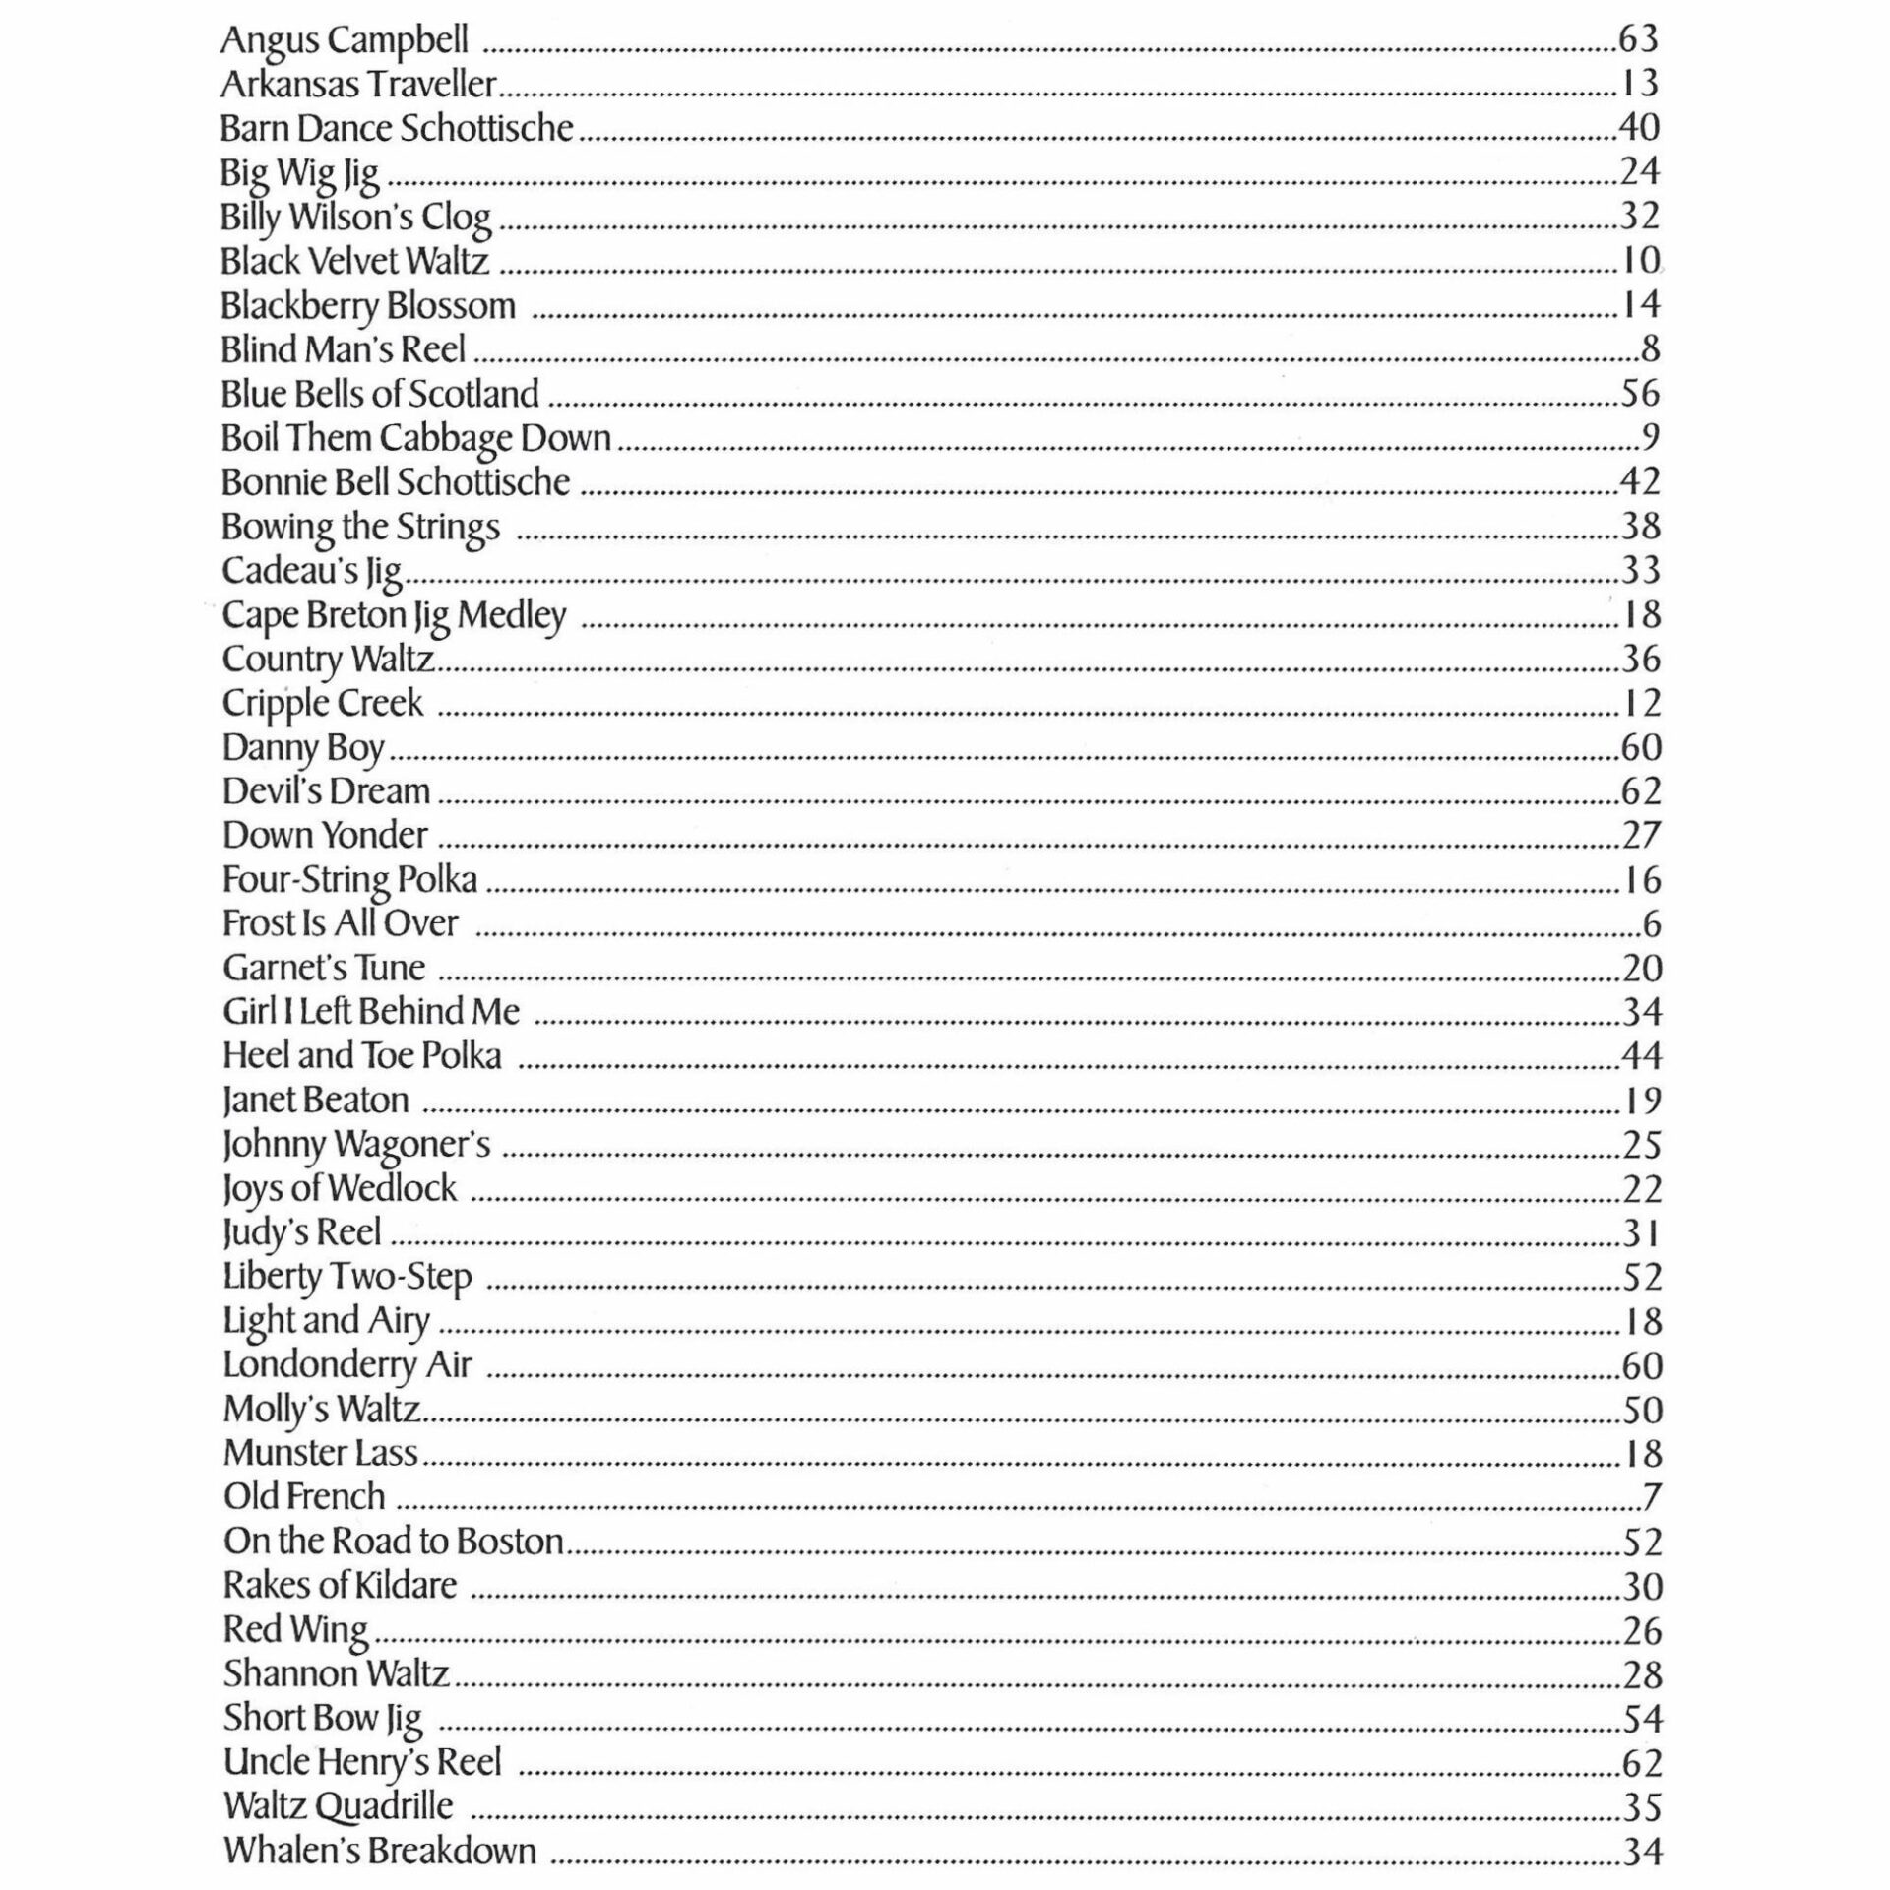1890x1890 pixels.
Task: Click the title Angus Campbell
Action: point(344,40)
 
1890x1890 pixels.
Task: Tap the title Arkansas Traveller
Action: point(358,85)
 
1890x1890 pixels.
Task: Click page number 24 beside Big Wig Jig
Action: point(1640,171)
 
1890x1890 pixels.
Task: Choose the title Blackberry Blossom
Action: point(368,306)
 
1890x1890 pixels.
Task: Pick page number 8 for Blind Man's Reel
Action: point(1651,348)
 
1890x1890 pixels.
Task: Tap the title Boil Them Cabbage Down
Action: point(416,438)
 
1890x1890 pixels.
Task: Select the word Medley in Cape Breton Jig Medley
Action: point(512,615)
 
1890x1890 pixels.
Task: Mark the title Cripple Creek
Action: point(323,704)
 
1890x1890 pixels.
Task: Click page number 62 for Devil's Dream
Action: point(1641,791)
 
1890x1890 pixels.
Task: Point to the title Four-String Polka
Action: point(349,879)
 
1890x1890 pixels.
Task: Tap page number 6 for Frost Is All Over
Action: point(1652,924)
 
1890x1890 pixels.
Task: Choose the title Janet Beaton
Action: point(315,1100)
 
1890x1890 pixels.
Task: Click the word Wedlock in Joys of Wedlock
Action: point(394,1188)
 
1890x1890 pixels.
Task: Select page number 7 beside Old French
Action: point(1652,1497)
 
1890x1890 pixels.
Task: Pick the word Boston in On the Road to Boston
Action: point(509,1541)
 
